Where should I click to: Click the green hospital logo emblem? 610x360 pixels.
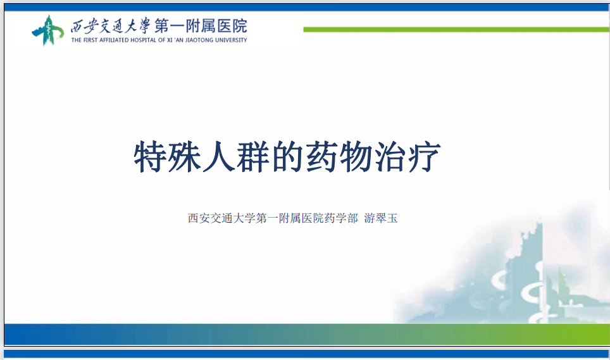pyautogui.click(x=48, y=30)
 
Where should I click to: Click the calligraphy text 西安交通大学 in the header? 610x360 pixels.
pyautogui.click(x=110, y=26)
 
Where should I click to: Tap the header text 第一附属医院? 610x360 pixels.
pyautogui.click(x=201, y=26)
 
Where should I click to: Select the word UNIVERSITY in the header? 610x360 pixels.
pyautogui.click(x=231, y=40)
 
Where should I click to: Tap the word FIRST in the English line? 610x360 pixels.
pyautogui.click(x=90, y=40)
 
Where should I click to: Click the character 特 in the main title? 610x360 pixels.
pyautogui.click(x=151, y=157)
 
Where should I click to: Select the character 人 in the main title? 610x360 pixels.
pyautogui.click(x=219, y=157)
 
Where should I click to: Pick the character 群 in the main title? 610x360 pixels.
pyautogui.click(x=253, y=157)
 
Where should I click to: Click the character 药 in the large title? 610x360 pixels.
pyautogui.click(x=321, y=157)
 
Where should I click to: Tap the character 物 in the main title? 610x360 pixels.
pyautogui.click(x=356, y=157)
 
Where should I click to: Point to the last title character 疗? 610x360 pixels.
pyautogui.click(x=425, y=157)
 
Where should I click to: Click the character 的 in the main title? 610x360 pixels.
pyautogui.click(x=287, y=157)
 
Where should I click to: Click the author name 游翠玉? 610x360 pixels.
pyautogui.click(x=381, y=218)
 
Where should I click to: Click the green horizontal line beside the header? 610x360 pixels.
pyautogui.click(x=457, y=30)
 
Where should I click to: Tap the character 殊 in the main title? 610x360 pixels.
pyautogui.click(x=185, y=157)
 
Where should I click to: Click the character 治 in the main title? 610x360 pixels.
pyautogui.click(x=390, y=157)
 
